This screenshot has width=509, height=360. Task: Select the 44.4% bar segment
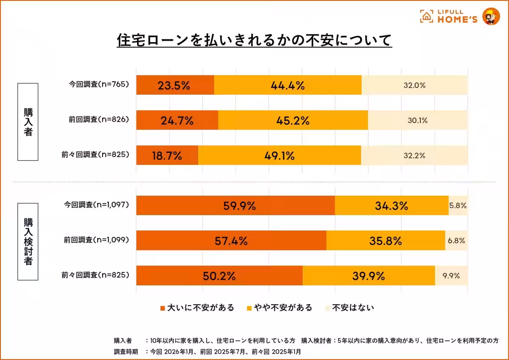(288, 85)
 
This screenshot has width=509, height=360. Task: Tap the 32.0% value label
(414, 85)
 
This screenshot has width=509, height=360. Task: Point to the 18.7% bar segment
(167, 156)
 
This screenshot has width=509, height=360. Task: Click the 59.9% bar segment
(235, 206)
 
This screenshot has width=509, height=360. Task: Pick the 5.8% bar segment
(458, 206)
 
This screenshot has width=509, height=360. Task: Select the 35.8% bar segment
(386, 241)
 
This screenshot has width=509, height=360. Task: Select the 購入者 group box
(28, 122)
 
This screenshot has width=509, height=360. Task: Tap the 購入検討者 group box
(28, 242)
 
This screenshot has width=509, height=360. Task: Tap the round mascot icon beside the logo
(491, 17)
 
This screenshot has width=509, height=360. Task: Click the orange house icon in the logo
(426, 16)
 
